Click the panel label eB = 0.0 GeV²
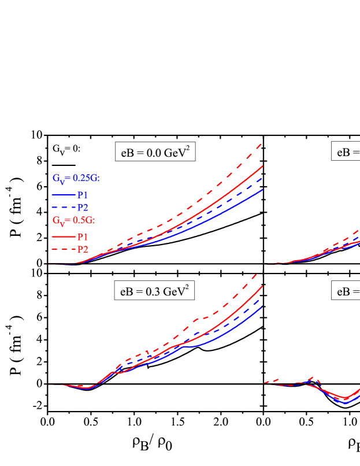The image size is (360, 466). [x=154, y=152]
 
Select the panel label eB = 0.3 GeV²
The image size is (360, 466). [x=154, y=291]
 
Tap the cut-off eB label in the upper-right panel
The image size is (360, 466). [x=346, y=152]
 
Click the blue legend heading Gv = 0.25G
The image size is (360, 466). [x=76, y=179]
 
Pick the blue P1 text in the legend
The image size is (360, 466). [x=83, y=195]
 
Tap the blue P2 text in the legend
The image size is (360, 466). [x=83, y=208]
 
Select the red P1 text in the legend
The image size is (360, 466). [x=83, y=236]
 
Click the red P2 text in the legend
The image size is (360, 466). [x=83, y=249]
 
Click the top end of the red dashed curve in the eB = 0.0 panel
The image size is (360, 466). [x=262, y=144]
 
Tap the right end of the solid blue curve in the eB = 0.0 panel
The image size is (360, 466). [x=263, y=189]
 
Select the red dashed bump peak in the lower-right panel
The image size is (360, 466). [x=317, y=378]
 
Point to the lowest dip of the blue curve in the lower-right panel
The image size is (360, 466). [x=346, y=403]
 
